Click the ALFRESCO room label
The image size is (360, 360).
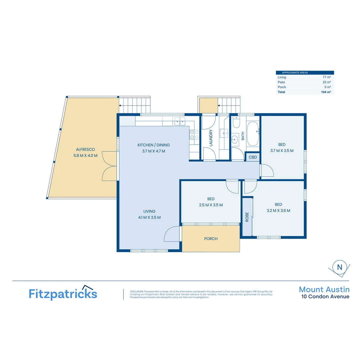coord(85,149)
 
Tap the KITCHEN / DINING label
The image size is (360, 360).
coord(154,145)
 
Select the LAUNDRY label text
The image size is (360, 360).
coord(211,138)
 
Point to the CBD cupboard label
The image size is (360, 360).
coord(253,157)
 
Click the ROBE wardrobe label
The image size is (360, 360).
coord(247,217)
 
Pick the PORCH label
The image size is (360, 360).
coord(211,239)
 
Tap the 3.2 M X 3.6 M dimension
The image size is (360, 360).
coord(278,211)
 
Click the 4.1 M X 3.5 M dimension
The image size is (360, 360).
coord(149,217)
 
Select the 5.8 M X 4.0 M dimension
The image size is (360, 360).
coord(85,155)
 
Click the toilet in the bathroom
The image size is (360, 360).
coord(236,122)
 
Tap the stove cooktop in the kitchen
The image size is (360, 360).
coord(194,135)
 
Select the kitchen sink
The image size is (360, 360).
coord(180,121)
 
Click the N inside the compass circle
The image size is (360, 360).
coord(340,267)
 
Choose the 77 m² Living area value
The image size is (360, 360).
coord(327,77)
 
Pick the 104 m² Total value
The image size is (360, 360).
coord(326,92)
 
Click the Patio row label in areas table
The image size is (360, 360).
coord(281,82)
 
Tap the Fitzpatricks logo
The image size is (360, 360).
coord(63,293)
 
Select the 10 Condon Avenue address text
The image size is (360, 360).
coord(325,297)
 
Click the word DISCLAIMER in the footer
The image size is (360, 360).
coord(137,292)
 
